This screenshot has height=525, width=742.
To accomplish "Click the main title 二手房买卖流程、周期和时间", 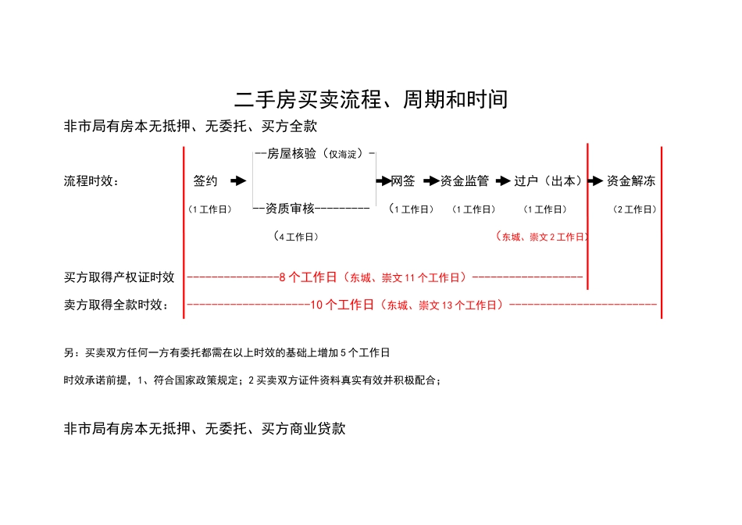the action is [x=371, y=100].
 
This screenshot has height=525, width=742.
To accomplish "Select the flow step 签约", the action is [x=205, y=181].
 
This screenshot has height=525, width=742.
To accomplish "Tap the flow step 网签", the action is [x=403, y=181].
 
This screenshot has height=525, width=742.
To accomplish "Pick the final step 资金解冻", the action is [x=631, y=181].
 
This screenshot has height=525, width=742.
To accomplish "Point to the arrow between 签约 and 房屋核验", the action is [x=237, y=181].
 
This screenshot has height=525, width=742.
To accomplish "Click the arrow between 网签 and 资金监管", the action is [x=431, y=181].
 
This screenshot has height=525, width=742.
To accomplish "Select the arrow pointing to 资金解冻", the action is [x=595, y=181].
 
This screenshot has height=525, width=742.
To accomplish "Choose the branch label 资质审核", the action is [x=290, y=209].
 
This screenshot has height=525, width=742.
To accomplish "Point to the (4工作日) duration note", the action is [x=296, y=236].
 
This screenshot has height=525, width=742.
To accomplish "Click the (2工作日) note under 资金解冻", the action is [x=635, y=209].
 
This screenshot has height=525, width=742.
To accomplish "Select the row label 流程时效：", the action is [x=91, y=181].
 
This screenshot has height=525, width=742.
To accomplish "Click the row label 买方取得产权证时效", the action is [x=120, y=277].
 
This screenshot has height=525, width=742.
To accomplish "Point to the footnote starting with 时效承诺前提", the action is [x=253, y=380].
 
